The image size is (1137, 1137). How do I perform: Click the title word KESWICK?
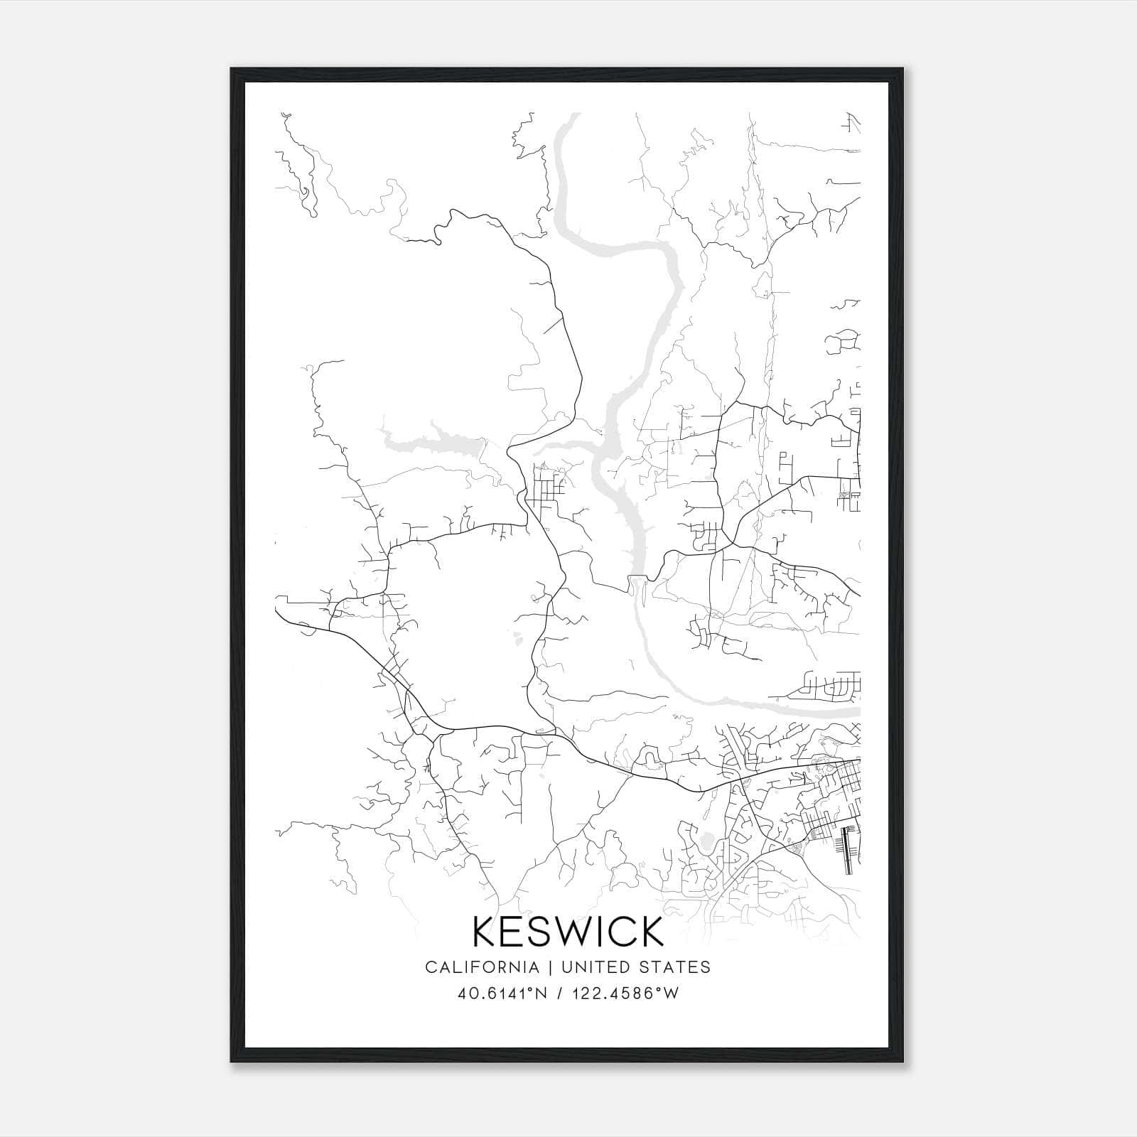(x=568, y=931)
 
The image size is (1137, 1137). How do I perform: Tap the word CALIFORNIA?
(x=481, y=966)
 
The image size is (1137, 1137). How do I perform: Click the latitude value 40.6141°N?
(x=502, y=993)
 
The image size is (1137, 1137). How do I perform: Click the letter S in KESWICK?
(x=540, y=931)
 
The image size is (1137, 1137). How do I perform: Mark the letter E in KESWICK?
(x=514, y=931)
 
